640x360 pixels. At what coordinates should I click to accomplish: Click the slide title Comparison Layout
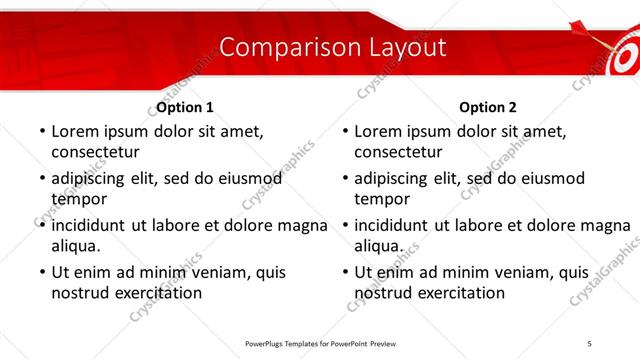point(332,47)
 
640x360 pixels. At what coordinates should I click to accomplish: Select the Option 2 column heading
point(489,107)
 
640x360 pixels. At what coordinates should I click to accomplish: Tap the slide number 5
point(590,343)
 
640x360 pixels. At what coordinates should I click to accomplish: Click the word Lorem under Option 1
point(74,131)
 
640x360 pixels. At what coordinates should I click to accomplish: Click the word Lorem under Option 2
point(378,131)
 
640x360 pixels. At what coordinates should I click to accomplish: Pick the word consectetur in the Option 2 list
point(397,152)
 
